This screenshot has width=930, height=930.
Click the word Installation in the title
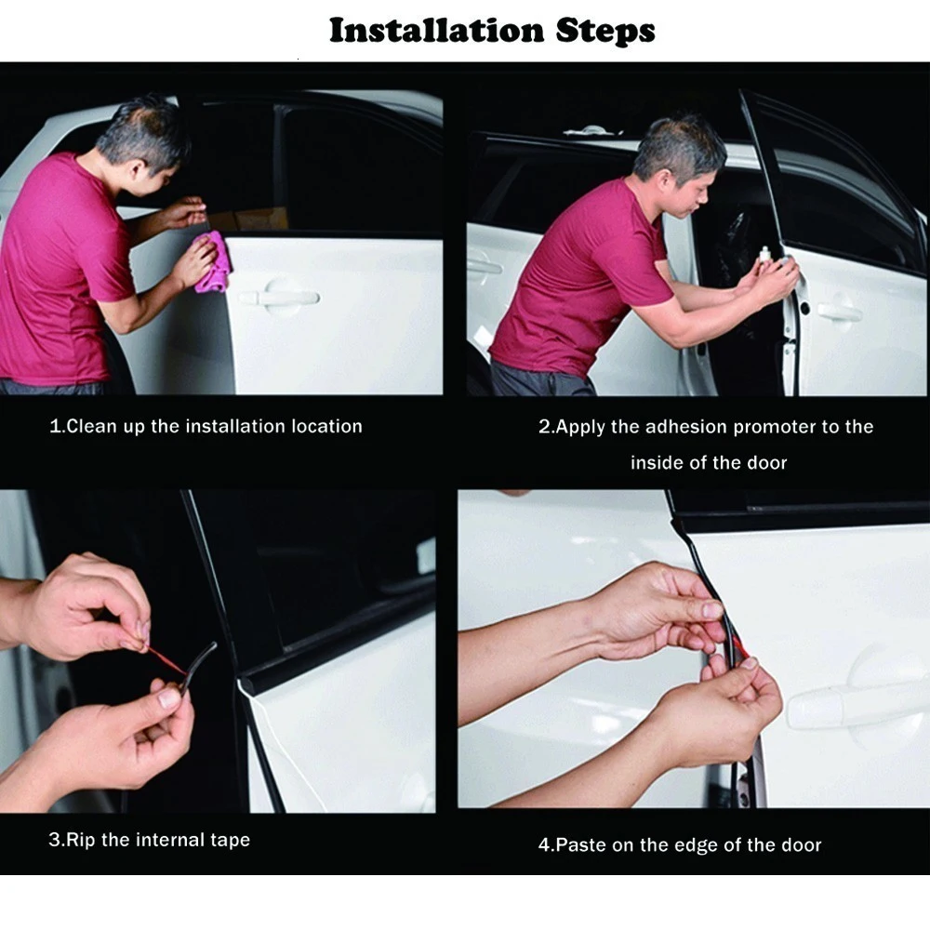point(436,31)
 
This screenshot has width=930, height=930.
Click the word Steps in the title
point(605,32)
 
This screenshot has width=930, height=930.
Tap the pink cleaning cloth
point(212,262)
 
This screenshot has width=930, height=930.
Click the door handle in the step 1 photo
point(280,297)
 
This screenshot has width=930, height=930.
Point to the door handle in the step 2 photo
point(839,311)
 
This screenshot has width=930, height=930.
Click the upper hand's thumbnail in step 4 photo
point(712,610)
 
